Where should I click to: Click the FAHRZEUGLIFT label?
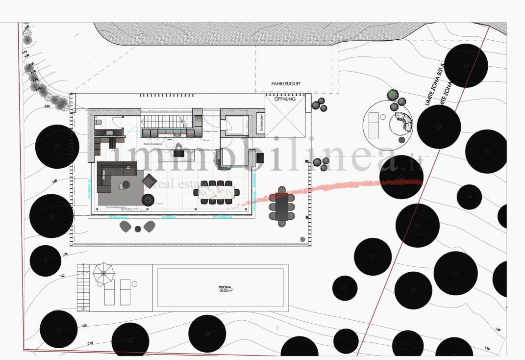(x=289, y=84)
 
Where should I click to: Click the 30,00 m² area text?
(x=226, y=291)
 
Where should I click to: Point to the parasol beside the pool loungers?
(x=103, y=270)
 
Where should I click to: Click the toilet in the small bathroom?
(x=99, y=122)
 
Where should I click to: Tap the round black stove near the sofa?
(x=148, y=200)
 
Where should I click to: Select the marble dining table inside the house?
(x=216, y=191)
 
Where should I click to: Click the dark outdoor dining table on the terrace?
(x=281, y=206)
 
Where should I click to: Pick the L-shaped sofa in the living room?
(x=110, y=177)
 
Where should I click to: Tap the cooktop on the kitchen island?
(x=178, y=153)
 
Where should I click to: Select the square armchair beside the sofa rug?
(x=149, y=181)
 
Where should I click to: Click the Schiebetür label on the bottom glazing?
(x=168, y=217)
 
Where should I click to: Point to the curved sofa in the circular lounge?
(x=402, y=121)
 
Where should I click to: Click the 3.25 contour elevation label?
(x=48, y=105)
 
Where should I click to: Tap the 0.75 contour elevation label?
(x=90, y=343)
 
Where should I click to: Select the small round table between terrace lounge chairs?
(x=138, y=229)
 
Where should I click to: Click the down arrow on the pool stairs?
(x=84, y=308)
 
